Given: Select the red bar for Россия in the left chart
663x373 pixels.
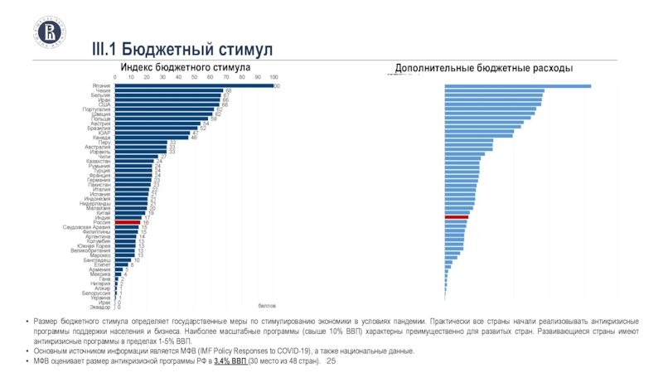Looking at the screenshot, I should tap(127, 222).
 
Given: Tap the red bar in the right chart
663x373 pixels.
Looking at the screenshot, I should tap(457, 217).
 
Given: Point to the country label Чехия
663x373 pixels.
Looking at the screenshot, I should tap(103, 90).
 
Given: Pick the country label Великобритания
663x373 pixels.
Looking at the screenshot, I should tap(90, 251).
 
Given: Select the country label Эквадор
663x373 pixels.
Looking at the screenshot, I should tap(100, 308).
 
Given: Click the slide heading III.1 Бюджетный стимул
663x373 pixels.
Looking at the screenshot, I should tap(181, 51).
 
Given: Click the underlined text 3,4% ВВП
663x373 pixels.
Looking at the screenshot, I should tap(231, 362).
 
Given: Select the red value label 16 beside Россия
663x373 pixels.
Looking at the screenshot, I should tap(146, 222).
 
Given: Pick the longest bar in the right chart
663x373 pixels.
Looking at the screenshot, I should tap(518, 85).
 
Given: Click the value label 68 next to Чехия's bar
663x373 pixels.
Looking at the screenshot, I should tap(228, 90).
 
